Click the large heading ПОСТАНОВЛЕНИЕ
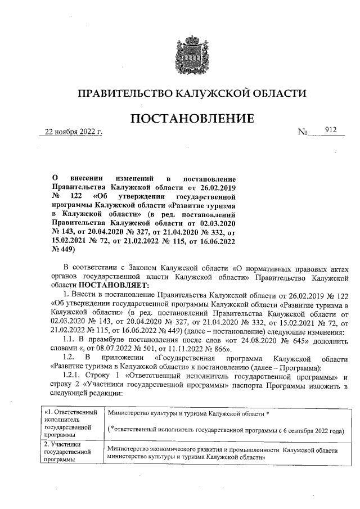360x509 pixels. tap(192, 119)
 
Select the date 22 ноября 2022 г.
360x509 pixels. tap(71, 133)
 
